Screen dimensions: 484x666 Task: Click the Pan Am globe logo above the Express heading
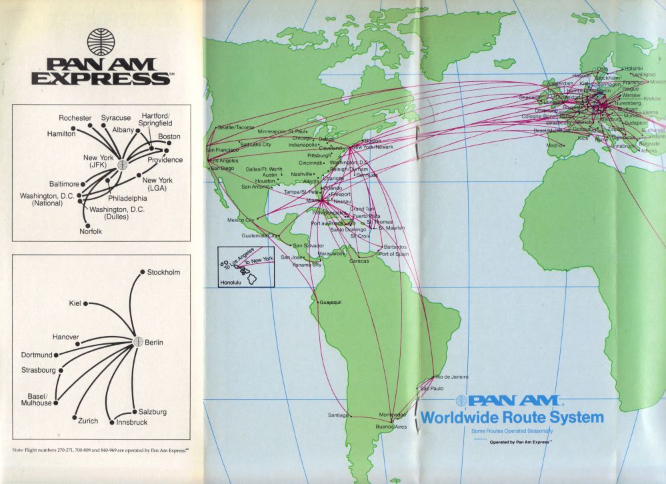tap(101, 41)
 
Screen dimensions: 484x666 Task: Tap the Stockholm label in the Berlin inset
tap(163, 272)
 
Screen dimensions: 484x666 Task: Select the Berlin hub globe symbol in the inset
tap(139, 342)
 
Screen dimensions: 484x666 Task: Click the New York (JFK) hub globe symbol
tap(121, 165)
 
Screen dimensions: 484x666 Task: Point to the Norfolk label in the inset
tap(91, 231)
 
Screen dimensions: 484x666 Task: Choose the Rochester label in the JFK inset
tap(75, 118)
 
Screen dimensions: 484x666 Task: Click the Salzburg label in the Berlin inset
tap(153, 412)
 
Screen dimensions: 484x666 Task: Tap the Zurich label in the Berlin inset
tap(88, 421)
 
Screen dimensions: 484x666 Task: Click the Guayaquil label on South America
tap(334, 303)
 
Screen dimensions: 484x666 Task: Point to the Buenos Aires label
tap(391, 426)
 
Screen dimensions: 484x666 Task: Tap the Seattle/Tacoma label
tap(236, 127)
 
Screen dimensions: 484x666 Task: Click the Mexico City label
tap(241, 219)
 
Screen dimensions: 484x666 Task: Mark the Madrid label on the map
tap(555, 145)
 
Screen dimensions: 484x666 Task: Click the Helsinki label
tap(633, 68)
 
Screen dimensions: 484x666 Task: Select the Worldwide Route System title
tap(511, 418)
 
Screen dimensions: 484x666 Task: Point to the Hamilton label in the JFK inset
tap(61, 133)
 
